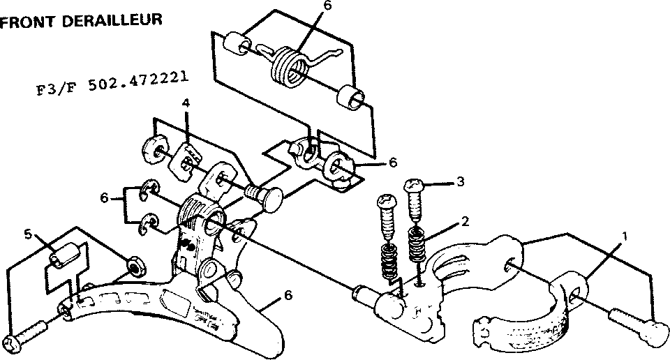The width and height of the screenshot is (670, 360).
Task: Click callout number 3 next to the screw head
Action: click(461, 183)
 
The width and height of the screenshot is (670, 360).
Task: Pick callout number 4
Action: click(186, 103)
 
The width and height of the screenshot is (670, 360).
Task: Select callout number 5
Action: click(27, 234)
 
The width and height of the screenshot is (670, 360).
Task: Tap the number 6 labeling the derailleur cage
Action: click(290, 296)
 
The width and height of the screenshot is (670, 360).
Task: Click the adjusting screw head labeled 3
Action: click(414, 186)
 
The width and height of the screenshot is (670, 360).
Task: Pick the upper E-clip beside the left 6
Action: click(150, 189)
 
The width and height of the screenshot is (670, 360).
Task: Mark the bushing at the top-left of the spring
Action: click(238, 43)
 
